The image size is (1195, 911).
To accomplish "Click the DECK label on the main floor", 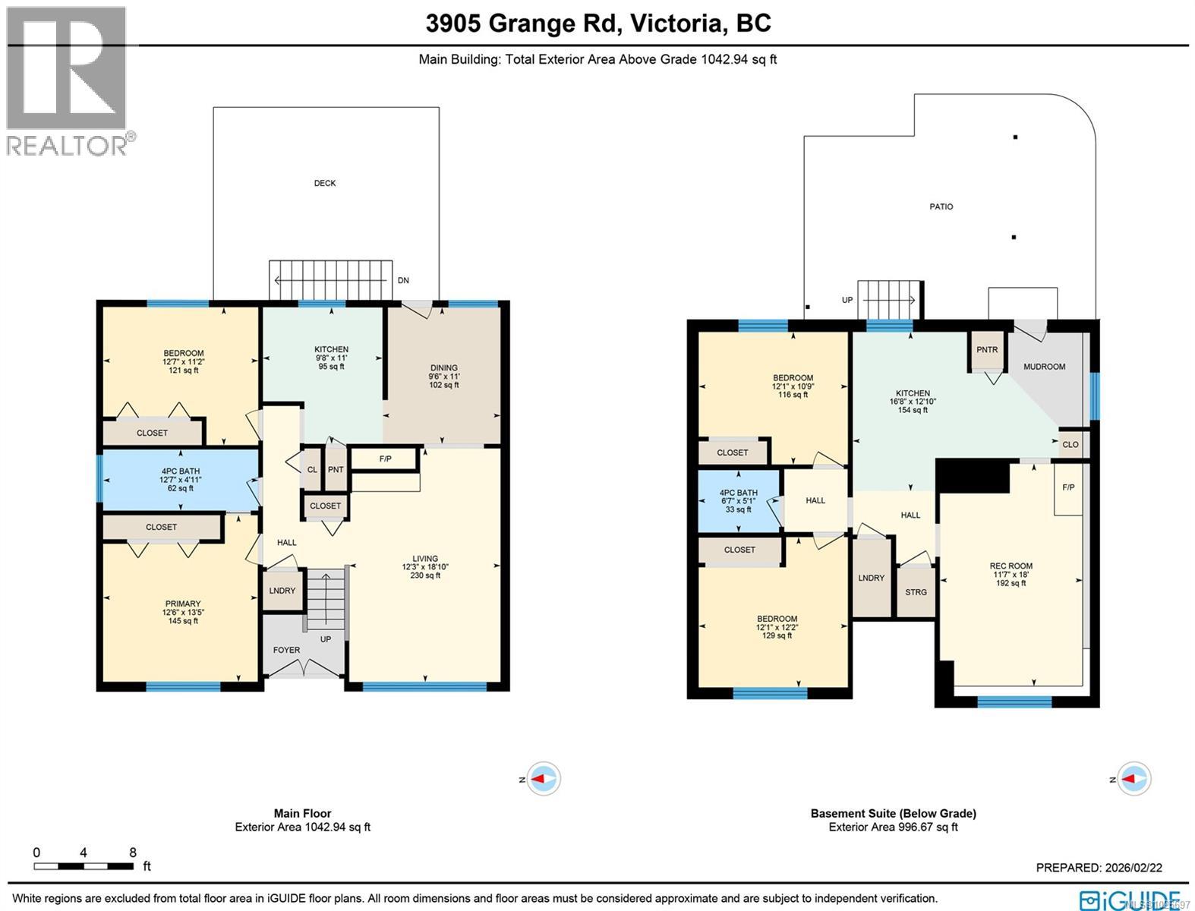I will [325, 183].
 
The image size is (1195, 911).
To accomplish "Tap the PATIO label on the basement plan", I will [941, 206].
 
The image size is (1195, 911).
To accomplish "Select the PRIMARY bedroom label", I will [182, 612].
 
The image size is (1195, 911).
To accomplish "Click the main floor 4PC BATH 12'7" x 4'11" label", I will [180, 480].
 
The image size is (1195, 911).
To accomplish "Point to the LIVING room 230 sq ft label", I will [425, 567].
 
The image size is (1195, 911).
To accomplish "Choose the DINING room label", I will [444, 376].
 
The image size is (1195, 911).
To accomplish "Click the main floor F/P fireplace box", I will [385, 459].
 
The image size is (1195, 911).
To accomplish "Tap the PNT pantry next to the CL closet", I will [336, 470].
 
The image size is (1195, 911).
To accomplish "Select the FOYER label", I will [286, 650].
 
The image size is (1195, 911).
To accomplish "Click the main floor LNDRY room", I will [282, 591].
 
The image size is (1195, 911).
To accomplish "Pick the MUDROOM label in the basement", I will [1044, 367].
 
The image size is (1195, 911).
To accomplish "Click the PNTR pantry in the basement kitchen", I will [987, 350].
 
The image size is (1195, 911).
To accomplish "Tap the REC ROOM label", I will [1011, 574].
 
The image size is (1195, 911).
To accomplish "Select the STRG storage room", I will [916, 592].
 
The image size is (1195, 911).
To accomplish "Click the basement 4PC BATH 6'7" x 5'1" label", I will [738, 501].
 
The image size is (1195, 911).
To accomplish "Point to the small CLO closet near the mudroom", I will [1070, 445].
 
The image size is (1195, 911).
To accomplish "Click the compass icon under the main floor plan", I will [544, 779].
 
